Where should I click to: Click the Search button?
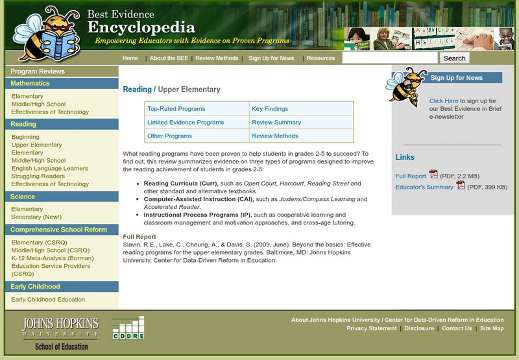454,58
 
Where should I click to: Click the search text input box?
390,58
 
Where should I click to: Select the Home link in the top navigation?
130,58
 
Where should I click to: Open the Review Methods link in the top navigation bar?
217,58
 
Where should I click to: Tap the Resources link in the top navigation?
320,58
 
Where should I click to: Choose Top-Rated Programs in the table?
176,109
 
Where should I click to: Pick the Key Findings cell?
270,109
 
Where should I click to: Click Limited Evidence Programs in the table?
186,123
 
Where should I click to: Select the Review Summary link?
276,123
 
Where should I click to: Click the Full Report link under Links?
411,176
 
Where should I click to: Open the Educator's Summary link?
424,187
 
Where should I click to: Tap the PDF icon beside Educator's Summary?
461,186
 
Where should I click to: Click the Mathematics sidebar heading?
30,84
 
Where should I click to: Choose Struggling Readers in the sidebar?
38,176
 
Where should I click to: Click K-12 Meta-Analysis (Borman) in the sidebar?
53,258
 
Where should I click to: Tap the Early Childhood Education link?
48,300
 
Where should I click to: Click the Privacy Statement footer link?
372,328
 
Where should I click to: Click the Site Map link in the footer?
492,328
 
